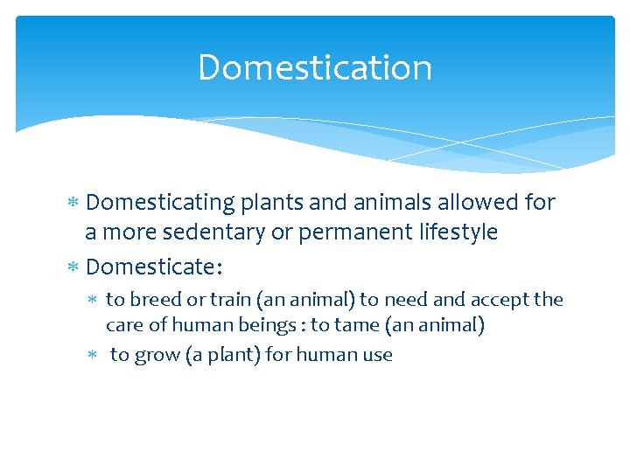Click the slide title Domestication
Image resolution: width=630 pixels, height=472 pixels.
tap(315, 67)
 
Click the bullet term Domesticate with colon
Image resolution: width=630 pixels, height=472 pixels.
tap(154, 265)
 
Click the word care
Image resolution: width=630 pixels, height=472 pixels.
tap(123, 325)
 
